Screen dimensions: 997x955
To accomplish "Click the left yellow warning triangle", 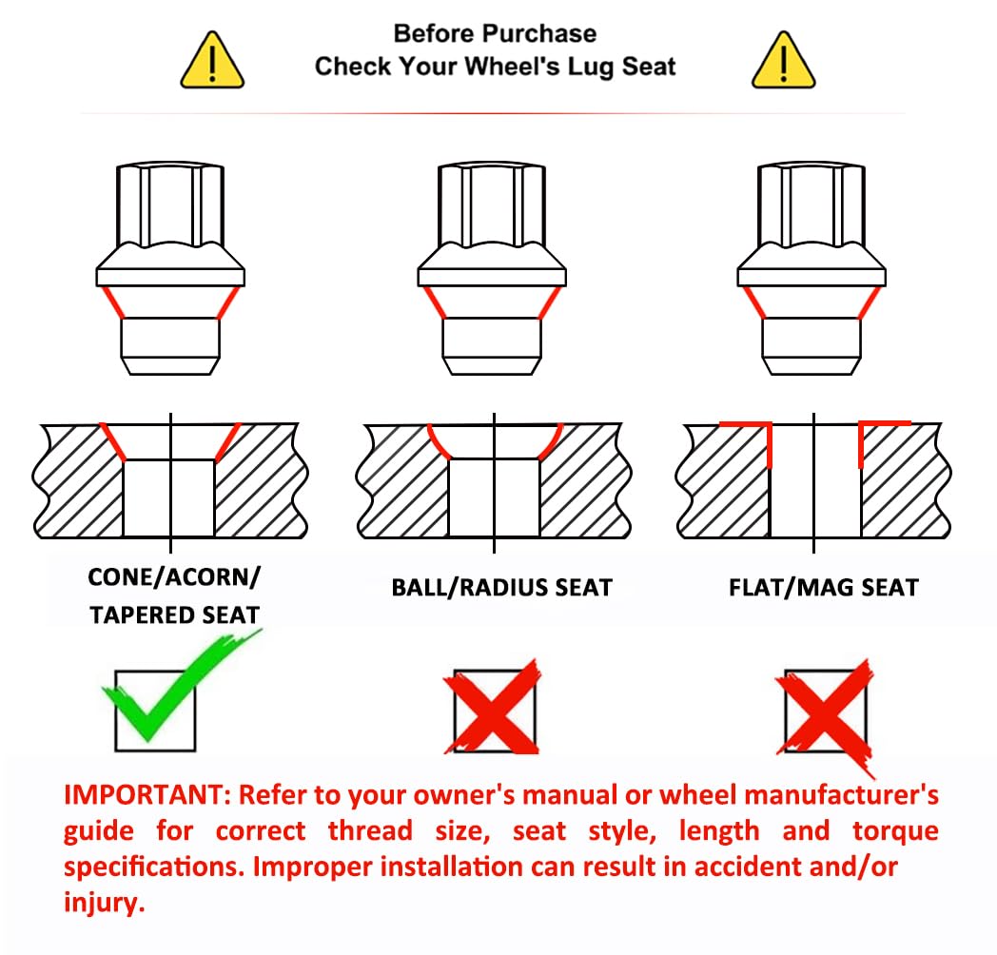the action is pyautogui.click(x=212, y=61).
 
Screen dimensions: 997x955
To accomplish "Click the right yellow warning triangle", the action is pyautogui.click(x=783, y=61).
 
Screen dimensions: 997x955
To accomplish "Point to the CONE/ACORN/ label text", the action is pyautogui.click(x=174, y=577).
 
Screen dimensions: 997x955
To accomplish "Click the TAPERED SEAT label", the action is pyautogui.click(x=174, y=614).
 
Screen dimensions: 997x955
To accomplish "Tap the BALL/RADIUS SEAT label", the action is pyautogui.click(x=501, y=588).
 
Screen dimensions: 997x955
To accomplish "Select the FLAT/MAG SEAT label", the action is pyautogui.click(x=824, y=588).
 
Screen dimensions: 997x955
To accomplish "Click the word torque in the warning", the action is pyautogui.click(x=895, y=831).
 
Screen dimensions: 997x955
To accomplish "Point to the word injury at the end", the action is pyautogui.click(x=105, y=903).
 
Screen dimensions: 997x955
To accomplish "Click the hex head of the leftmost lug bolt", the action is pyautogui.click(x=169, y=205).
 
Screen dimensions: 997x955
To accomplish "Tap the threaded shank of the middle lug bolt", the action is pyautogui.click(x=492, y=346).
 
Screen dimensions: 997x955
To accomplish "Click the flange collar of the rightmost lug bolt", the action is pyautogui.click(x=811, y=277).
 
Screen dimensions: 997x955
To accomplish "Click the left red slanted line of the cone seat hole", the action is pyautogui.click(x=112, y=441).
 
